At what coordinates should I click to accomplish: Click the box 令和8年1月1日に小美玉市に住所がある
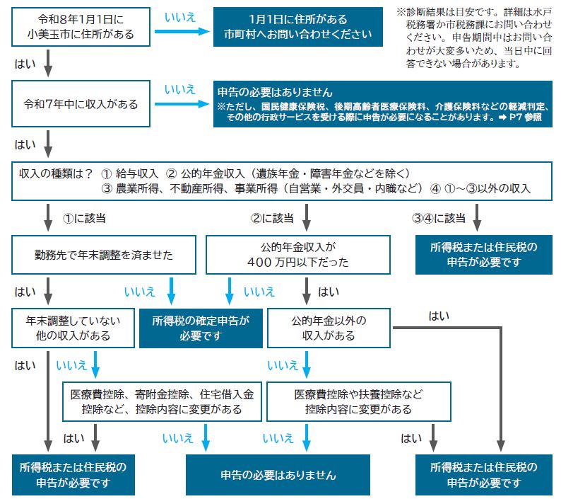[x=81, y=27]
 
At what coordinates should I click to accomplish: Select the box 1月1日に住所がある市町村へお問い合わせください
[x=297, y=27]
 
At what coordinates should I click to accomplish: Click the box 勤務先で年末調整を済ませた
[x=103, y=255]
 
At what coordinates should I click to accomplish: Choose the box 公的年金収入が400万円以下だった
[x=297, y=255]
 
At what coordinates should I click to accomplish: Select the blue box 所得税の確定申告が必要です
[x=201, y=328]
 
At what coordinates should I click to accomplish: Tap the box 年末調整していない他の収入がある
[x=73, y=328]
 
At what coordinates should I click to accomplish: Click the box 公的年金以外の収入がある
[x=329, y=328]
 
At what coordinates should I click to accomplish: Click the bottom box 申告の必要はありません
[x=278, y=474]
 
